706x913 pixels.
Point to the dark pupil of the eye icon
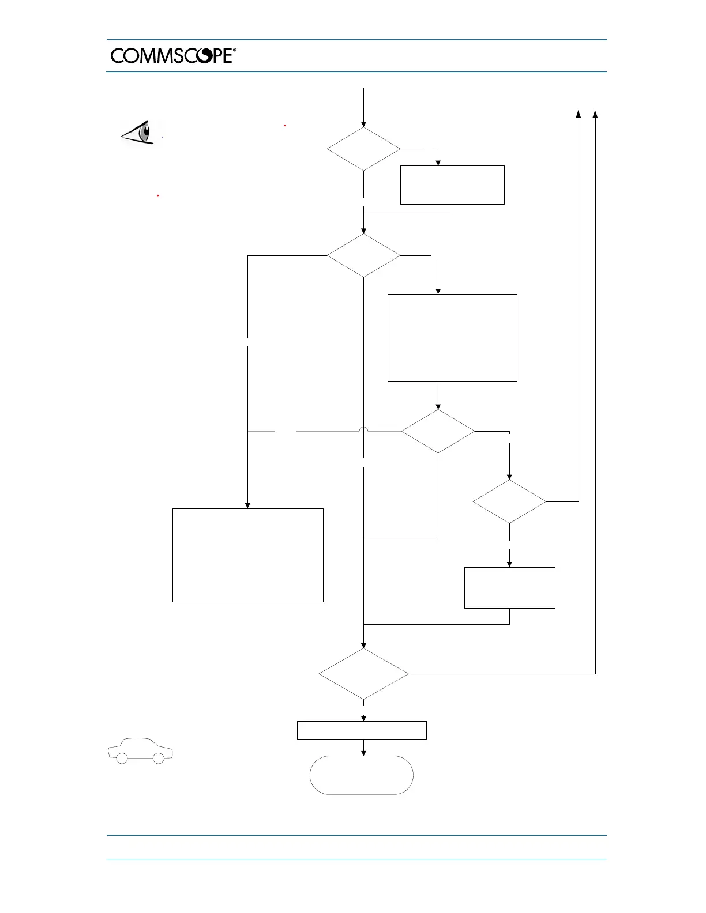146,132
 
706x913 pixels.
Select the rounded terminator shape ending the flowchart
362,775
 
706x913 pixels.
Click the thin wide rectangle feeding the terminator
362,730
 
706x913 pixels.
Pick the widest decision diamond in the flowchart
363,674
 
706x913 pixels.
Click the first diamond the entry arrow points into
363,149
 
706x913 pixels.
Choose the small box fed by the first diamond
452,184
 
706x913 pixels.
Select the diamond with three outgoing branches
363,255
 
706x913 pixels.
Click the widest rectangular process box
248,555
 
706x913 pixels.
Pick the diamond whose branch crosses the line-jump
438,431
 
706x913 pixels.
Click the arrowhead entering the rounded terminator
363,752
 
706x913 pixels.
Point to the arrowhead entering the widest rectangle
248,505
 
